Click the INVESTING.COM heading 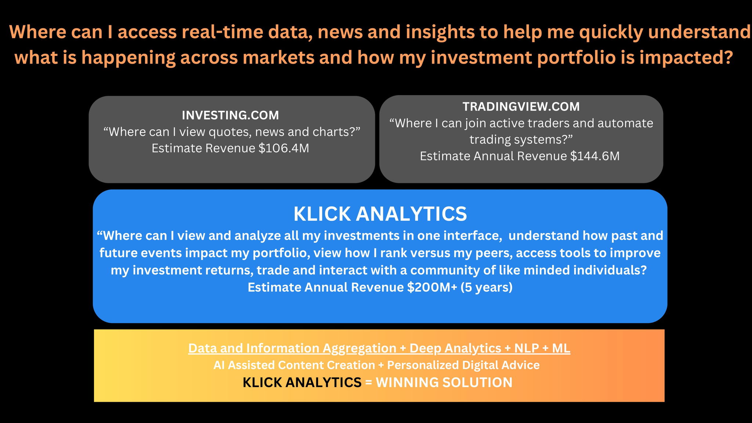coord(230,115)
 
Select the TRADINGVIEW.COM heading coord(521,106)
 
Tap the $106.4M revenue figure coord(284,148)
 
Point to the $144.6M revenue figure coord(595,156)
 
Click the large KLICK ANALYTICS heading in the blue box coord(380,214)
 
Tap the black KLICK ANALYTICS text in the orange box coord(302,383)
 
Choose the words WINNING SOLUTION coord(444,383)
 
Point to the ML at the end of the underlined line coord(561,348)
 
